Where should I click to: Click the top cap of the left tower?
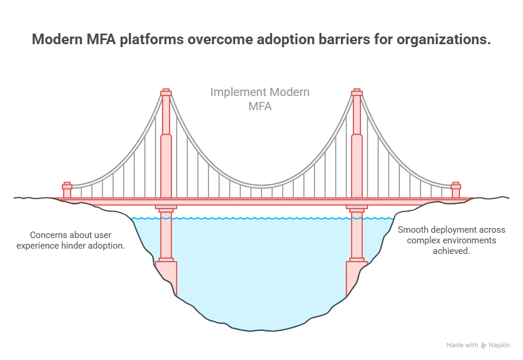coord(166,92)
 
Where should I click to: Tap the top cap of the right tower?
coord(356,92)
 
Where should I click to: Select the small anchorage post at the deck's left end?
coord(67,190)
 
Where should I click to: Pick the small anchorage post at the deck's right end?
coord(455,190)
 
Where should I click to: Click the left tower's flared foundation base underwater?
coord(167,274)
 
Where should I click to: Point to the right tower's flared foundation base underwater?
coord(356,274)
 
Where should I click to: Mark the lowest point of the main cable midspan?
coord(261,186)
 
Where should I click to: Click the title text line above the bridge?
coord(261,41)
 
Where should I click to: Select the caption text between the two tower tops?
coord(259,98)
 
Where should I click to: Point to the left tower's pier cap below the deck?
coord(166,208)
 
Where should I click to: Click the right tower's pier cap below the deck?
coord(356,208)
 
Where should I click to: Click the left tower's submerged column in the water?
coord(166,239)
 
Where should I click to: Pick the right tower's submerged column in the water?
coord(356,239)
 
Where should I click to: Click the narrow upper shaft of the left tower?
coord(166,115)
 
